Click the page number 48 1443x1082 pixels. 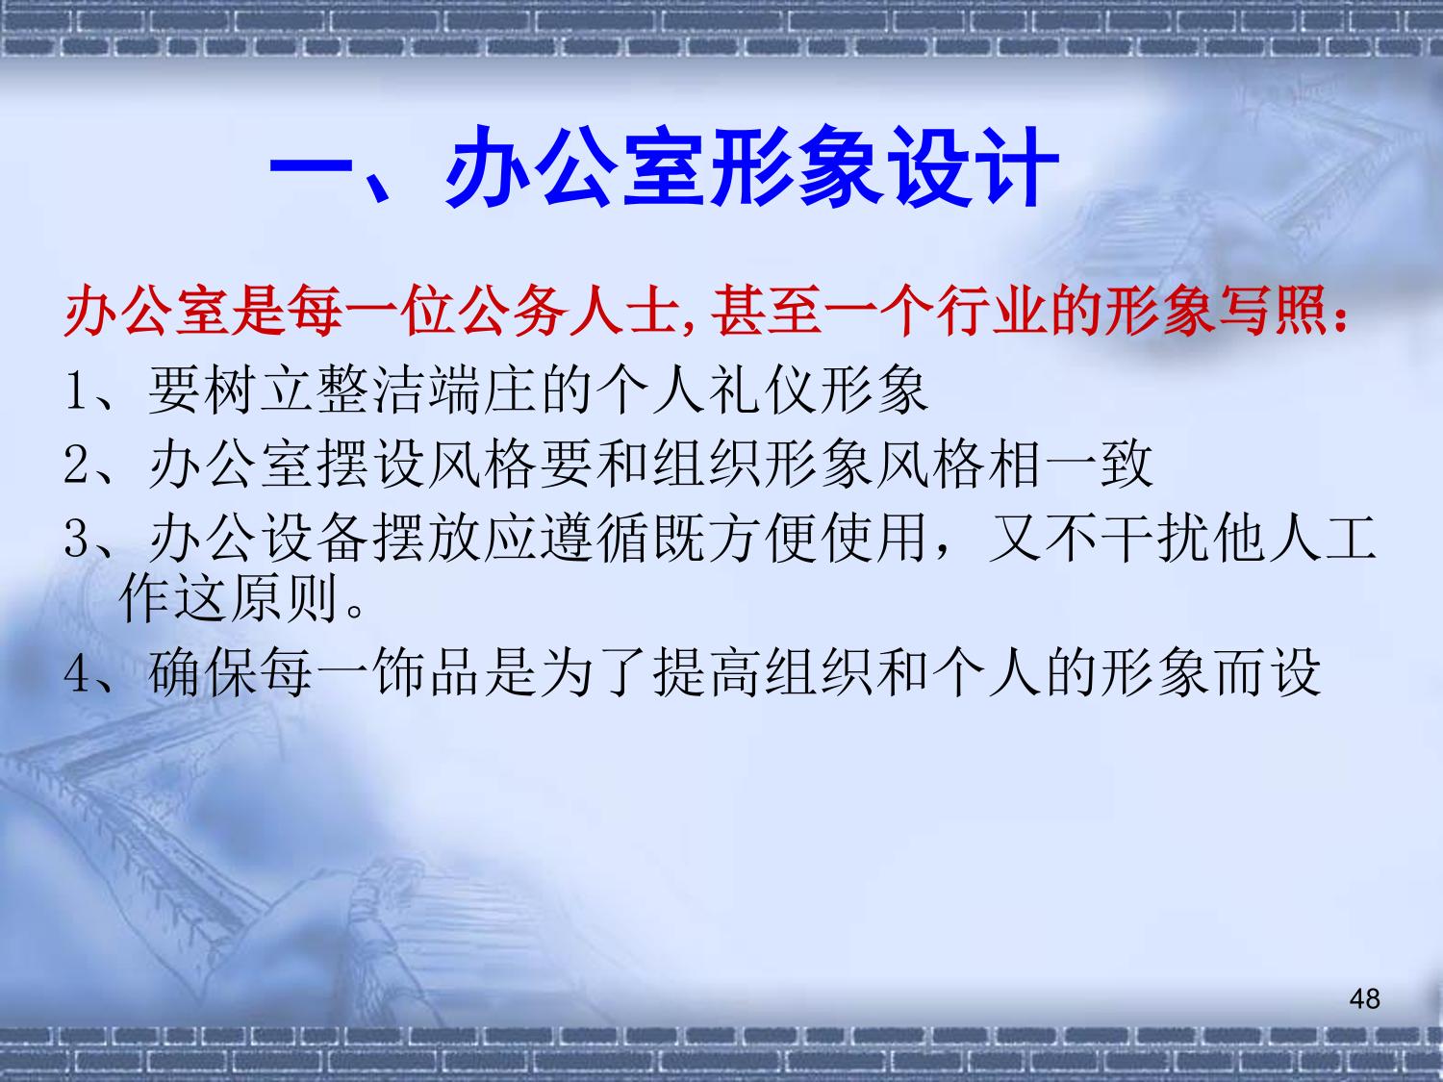coord(1364,999)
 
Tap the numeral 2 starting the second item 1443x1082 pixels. coord(77,464)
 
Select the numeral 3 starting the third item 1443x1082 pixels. coord(77,539)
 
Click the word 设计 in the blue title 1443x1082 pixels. coord(973,166)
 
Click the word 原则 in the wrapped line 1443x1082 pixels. coord(284,597)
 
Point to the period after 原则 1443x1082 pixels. coord(354,611)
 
